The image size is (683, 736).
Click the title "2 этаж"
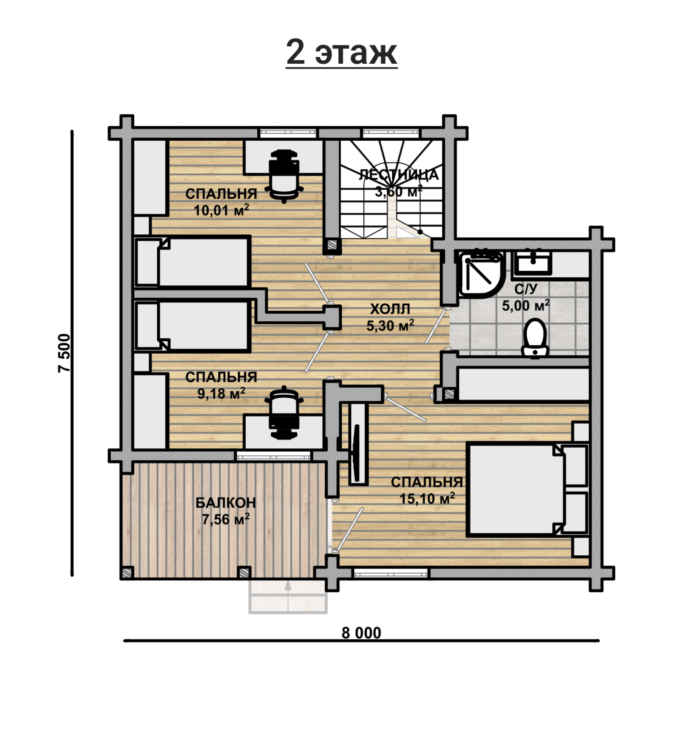point(341,52)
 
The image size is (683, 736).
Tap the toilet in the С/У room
point(535,337)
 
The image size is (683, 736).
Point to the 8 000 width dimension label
point(361,633)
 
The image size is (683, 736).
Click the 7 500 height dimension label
point(64,353)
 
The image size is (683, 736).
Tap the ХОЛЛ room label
point(390,309)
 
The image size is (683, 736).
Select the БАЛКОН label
point(226,502)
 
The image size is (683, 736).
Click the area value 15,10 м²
point(427,498)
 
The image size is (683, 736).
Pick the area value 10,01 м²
point(221,210)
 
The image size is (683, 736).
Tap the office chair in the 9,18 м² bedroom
point(284,412)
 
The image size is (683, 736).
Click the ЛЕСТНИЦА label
point(399,174)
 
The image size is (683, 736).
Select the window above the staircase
point(391,133)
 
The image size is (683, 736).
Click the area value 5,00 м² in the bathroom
point(525,306)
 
